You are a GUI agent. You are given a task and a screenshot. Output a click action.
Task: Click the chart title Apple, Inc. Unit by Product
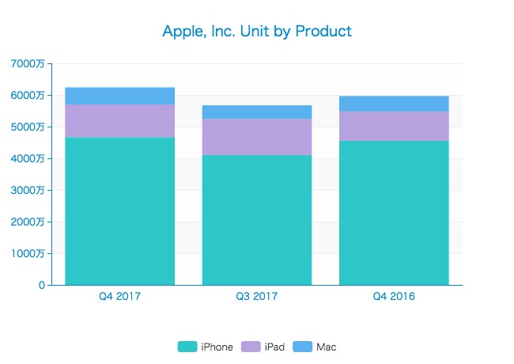tap(257, 32)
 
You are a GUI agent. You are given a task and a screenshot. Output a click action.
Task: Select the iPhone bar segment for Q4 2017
tap(119, 211)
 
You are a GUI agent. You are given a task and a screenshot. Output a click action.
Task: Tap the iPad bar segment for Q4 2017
tap(119, 121)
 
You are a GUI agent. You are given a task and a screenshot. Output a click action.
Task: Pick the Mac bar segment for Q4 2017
tap(119, 96)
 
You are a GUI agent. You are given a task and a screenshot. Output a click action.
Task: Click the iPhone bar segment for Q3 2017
tap(257, 220)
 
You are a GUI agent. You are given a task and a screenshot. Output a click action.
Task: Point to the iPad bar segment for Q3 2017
tap(257, 137)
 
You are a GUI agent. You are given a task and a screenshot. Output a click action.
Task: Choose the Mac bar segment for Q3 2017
tap(257, 112)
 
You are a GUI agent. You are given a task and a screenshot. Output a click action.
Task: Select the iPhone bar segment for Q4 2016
tap(394, 213)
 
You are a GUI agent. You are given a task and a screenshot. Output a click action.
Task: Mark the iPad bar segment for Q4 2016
tap(394, 126)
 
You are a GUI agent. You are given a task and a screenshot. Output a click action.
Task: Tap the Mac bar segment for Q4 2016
tap(394, 104)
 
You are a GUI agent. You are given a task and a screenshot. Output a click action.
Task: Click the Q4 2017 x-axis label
tap(119, 297)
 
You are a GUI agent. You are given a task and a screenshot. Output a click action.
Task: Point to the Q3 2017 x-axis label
tap(257, 297)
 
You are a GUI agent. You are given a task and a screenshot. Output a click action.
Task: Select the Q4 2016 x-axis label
tap(394, 297)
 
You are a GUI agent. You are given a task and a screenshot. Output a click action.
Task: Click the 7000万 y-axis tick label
tap(28, 63)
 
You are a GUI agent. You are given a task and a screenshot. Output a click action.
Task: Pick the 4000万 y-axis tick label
tap(28, 158)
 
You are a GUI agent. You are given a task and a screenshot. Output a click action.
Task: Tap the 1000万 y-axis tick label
tap(28, 253)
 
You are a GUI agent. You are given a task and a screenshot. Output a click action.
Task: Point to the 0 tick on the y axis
tap(40, 285)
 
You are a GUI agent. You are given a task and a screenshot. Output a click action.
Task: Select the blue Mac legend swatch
tap(303, 347)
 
